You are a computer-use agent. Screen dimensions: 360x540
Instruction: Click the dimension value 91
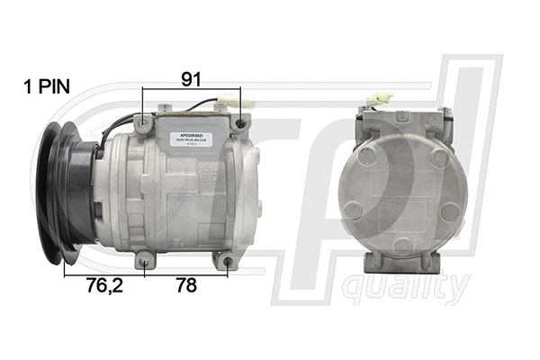point(191,79)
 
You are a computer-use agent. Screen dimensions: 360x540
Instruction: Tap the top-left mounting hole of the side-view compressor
point(147,121)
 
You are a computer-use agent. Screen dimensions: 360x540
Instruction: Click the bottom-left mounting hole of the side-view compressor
point(145,263)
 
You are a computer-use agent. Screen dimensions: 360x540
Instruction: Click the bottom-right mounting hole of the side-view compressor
point(229,264)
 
